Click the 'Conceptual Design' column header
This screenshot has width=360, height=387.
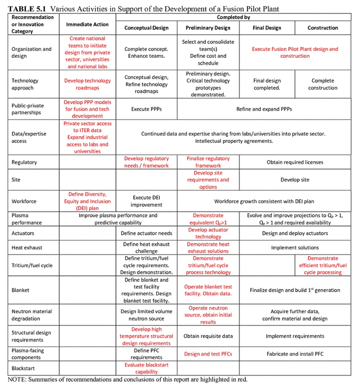tap(146, 28)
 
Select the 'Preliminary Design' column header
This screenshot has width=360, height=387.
tap(208, 28)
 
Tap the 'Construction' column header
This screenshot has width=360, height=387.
tap(323, 28)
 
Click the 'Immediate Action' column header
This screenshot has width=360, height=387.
tap(87, 24)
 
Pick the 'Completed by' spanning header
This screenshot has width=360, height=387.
tap(234, 17)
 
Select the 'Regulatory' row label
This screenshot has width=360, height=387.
tap(24, 162)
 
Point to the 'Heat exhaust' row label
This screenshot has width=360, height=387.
tap(27, 248)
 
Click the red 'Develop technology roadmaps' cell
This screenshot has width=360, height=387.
tap(87, 84)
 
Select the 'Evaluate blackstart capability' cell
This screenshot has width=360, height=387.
tap(146, 368)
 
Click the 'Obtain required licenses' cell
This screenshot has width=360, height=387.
tap(295, 162)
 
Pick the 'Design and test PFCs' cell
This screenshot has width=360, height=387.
tap(208, 354)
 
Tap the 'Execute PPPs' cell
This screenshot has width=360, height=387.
tap(146, 109)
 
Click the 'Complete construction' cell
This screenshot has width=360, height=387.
tap(323, 84)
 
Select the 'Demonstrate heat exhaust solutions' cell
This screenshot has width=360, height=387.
tap(208, 248)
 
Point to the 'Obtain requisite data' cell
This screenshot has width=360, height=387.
tap(208, 336)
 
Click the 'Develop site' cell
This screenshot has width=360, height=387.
tap(295, 180)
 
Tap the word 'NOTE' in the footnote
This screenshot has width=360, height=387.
tap(17, 380)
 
